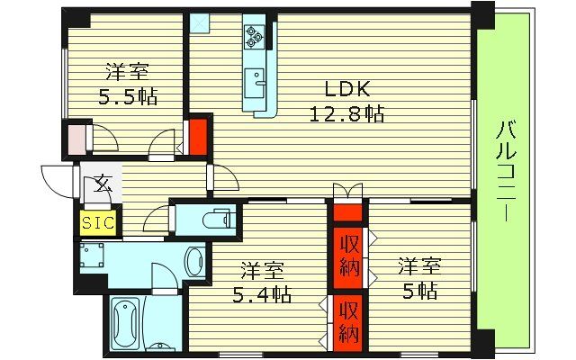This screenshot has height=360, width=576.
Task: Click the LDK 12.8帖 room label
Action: tap(347, 101)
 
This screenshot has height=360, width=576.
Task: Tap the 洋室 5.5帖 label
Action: tap(127, 83)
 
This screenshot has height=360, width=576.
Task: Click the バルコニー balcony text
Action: tap(504, 171)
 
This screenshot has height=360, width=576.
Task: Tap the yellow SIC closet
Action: tap(97, 221)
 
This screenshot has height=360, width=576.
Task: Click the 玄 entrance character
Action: tap(102, 187)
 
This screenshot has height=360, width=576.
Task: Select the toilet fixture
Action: tap(213, 218)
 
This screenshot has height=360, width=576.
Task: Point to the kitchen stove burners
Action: tap(253, 37)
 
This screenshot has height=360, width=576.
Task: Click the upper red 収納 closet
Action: tap(348, 255)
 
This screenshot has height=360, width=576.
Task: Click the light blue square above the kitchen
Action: tap(198, 22)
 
